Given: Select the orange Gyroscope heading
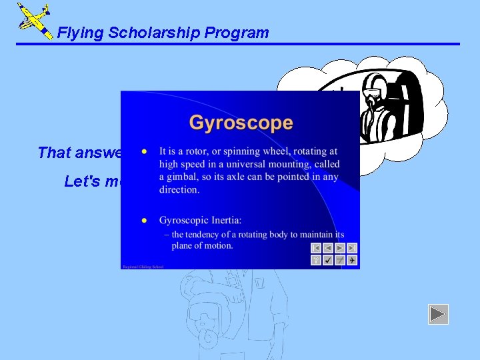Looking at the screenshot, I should [241, 123].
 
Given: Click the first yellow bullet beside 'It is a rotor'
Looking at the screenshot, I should [143, 151].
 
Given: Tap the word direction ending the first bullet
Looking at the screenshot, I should [179, 189].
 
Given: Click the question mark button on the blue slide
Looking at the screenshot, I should [316, 260].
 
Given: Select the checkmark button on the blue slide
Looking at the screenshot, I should [328, 260].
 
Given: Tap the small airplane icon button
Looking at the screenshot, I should [352, 260].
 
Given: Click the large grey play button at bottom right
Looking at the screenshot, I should [438, 314].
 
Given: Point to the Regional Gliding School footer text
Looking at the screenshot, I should [143, 267].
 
